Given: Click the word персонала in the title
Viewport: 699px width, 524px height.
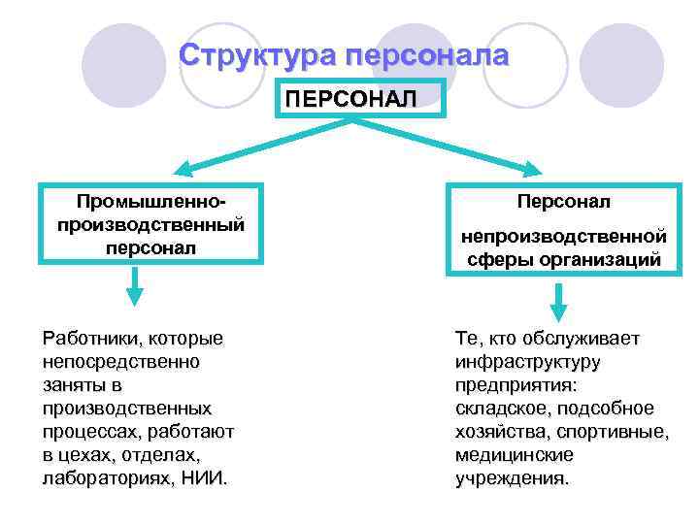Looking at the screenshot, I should click(424, 55).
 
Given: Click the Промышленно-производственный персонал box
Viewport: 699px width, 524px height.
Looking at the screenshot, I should click(150, 223).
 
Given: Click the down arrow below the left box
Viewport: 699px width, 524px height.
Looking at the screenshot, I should click(136, 288).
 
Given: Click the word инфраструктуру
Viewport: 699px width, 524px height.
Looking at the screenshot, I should click(527, 362).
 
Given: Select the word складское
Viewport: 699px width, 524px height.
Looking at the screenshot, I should click(497, 409).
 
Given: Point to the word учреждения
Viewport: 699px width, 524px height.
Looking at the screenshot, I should click(512, 478).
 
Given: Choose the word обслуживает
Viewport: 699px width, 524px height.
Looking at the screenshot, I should click(588, 339).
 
